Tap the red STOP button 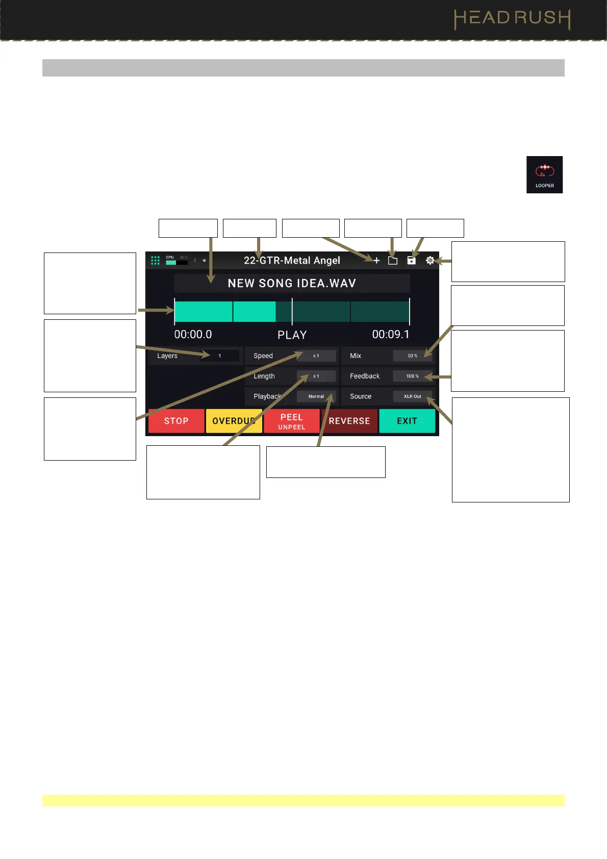(176, 421)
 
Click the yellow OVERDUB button (234, 421)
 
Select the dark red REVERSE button (349, 421)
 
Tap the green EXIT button (407, 421)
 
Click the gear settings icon (430, 261)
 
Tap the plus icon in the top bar (376, 261)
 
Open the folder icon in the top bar (393, 261)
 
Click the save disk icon (411, 261)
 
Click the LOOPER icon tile (544, 174)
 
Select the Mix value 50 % (412, 356)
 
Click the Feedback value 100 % (412, 376)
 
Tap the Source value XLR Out (412, 396)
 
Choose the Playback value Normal (316, 396)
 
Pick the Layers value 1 (220, 356)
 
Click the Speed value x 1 (316, 356)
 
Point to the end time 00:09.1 (391, 335)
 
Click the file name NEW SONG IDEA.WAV (292, 284)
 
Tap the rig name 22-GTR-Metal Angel (292, 261)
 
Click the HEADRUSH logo (512, 19)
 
